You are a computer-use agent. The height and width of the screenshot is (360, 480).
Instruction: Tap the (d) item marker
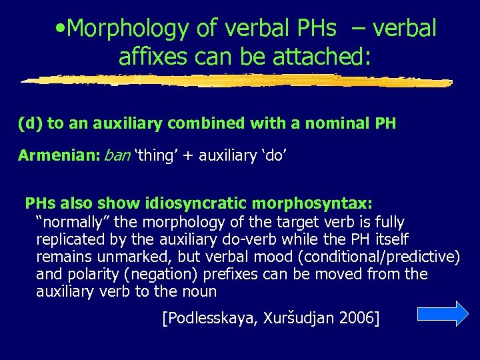31,123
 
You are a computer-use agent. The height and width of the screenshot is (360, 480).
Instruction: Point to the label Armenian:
59,155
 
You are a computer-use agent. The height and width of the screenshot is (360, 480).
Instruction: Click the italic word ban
117,155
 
